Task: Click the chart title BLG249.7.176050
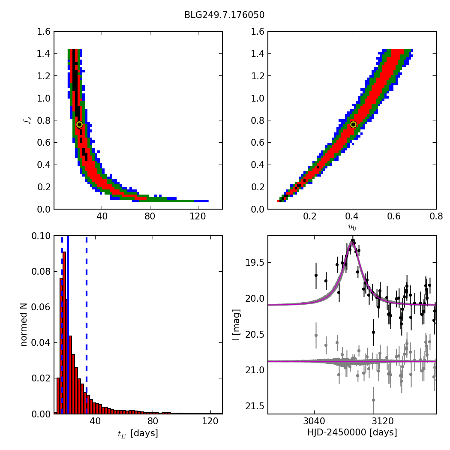point(224,15)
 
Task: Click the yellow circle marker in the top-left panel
point(79,124)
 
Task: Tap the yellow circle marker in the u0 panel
point(353,124)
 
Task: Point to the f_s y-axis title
point(26,120)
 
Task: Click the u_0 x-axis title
point(352,228)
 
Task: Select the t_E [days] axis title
point(138,433)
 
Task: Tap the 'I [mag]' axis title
point(236,325)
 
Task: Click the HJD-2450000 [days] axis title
point(352,433)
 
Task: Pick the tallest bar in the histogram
point(64,333)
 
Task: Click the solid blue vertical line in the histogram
point(68,325)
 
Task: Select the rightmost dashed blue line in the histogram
point(87,325)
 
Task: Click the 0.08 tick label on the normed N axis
point(40,272)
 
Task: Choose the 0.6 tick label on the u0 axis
point(394,217)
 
